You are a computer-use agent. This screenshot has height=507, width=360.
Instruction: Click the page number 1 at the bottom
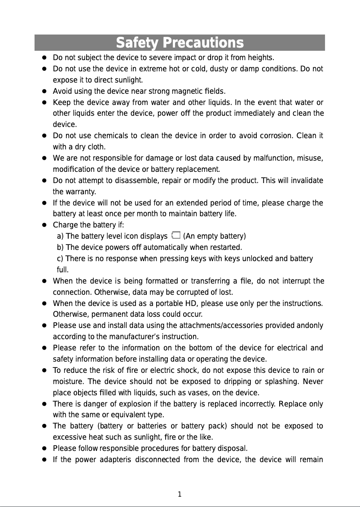coord(180,494)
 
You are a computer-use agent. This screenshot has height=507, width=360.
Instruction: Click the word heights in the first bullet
coord(261,58)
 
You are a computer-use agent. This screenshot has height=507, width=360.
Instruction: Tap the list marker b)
coord(61,247)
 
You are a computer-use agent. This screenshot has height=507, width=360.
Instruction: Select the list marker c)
coord(60,258)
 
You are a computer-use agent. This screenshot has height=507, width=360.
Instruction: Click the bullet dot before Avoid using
coord(45,92)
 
